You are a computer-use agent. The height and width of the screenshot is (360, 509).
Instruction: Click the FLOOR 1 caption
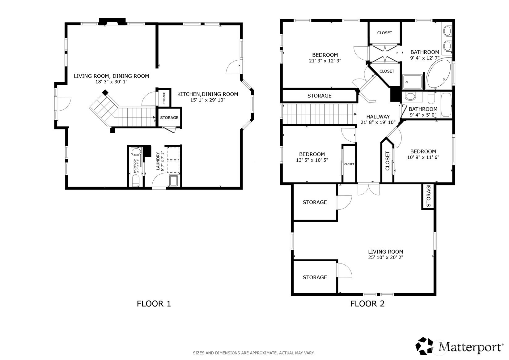point(154,304)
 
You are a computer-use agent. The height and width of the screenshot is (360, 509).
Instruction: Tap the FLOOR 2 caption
point(367,304)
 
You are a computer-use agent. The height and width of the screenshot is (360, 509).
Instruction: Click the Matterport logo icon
point(424,346)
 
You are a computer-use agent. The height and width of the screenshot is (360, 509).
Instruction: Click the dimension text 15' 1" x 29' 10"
point(208,100)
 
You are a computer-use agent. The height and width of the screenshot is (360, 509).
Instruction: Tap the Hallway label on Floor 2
point(378,117)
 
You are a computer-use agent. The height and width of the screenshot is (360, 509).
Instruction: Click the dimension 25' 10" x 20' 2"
point(386,257)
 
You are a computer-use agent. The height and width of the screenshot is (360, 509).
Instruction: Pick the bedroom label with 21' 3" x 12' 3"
point(325,55)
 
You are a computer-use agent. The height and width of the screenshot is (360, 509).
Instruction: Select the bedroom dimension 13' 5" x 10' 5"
point(312,160)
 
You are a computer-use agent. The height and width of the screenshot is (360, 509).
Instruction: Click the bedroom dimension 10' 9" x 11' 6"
point(423,157)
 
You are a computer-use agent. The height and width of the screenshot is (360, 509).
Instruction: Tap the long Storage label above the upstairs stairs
point(319,96)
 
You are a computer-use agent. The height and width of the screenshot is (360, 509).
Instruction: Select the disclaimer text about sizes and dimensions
point(254,353)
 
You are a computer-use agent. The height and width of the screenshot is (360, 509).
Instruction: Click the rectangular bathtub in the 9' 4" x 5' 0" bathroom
point(446,105)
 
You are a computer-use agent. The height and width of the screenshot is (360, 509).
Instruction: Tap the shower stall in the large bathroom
point(412,82)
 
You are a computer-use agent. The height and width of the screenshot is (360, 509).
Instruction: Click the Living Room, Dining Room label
point(111,76)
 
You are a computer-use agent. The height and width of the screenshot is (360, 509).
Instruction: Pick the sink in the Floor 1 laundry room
point(174,181)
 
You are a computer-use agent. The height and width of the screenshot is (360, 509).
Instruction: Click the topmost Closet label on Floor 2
point(384,33)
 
